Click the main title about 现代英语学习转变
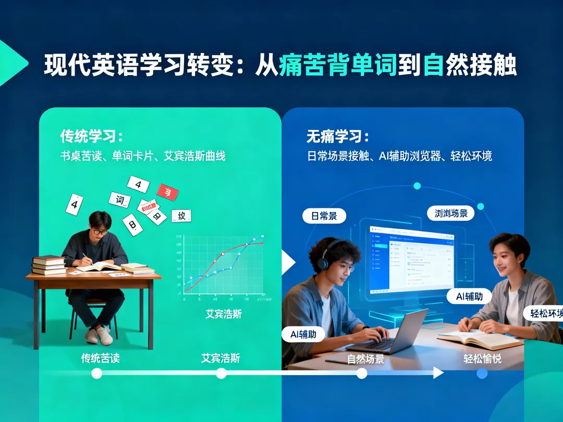point(280,66)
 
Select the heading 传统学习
point(91,137)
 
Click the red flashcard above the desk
point(167,193)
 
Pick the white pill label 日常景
point(324,216)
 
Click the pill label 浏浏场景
point(451,213)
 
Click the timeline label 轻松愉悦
point(482,359)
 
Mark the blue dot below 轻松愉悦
point(482,373)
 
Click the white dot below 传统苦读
point(96,373)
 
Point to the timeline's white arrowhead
point(438,373)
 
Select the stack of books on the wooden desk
point(49,265)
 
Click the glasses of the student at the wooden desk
point(99,231)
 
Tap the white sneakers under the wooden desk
point(99,336)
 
